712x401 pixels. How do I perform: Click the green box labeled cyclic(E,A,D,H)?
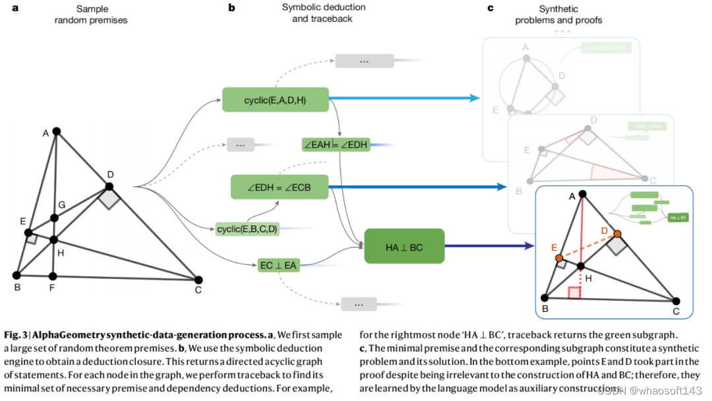pyautogui.click(x=274, y=100)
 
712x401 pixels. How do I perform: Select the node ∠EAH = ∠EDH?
pyautogui.click(x=335, y=144)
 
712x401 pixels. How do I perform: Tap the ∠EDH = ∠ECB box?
pyautogui.click(x=279, y=187)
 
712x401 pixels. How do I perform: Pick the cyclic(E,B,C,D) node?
pyautogui.click(x=247, y=229)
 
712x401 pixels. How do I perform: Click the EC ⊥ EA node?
pyautogui.click(x=279, y=266)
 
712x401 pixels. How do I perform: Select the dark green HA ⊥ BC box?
pyautogui.click(x=404, y=247)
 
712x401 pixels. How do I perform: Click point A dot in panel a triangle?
pyautogui.click(x=57, y=131)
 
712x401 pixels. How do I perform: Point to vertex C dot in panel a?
pyautogui.click(x=198, y=280)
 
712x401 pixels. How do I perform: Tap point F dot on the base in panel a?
pyautogui.click(x=53, y=276)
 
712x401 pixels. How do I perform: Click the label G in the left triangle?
pyautogui.click(x=61, y=206)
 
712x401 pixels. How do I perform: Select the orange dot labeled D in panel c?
pyautogui.click(x=617, y=234)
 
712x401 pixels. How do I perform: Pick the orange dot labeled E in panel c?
pyautogui.click(x=558, y=257)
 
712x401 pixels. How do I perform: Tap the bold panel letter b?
pyautogui.click(x=231, y=9)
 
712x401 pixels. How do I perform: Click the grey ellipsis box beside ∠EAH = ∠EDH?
pyautogui.click(x=240, y=144)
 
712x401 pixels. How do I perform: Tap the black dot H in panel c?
pyautogui.click(x=581, y=266)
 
